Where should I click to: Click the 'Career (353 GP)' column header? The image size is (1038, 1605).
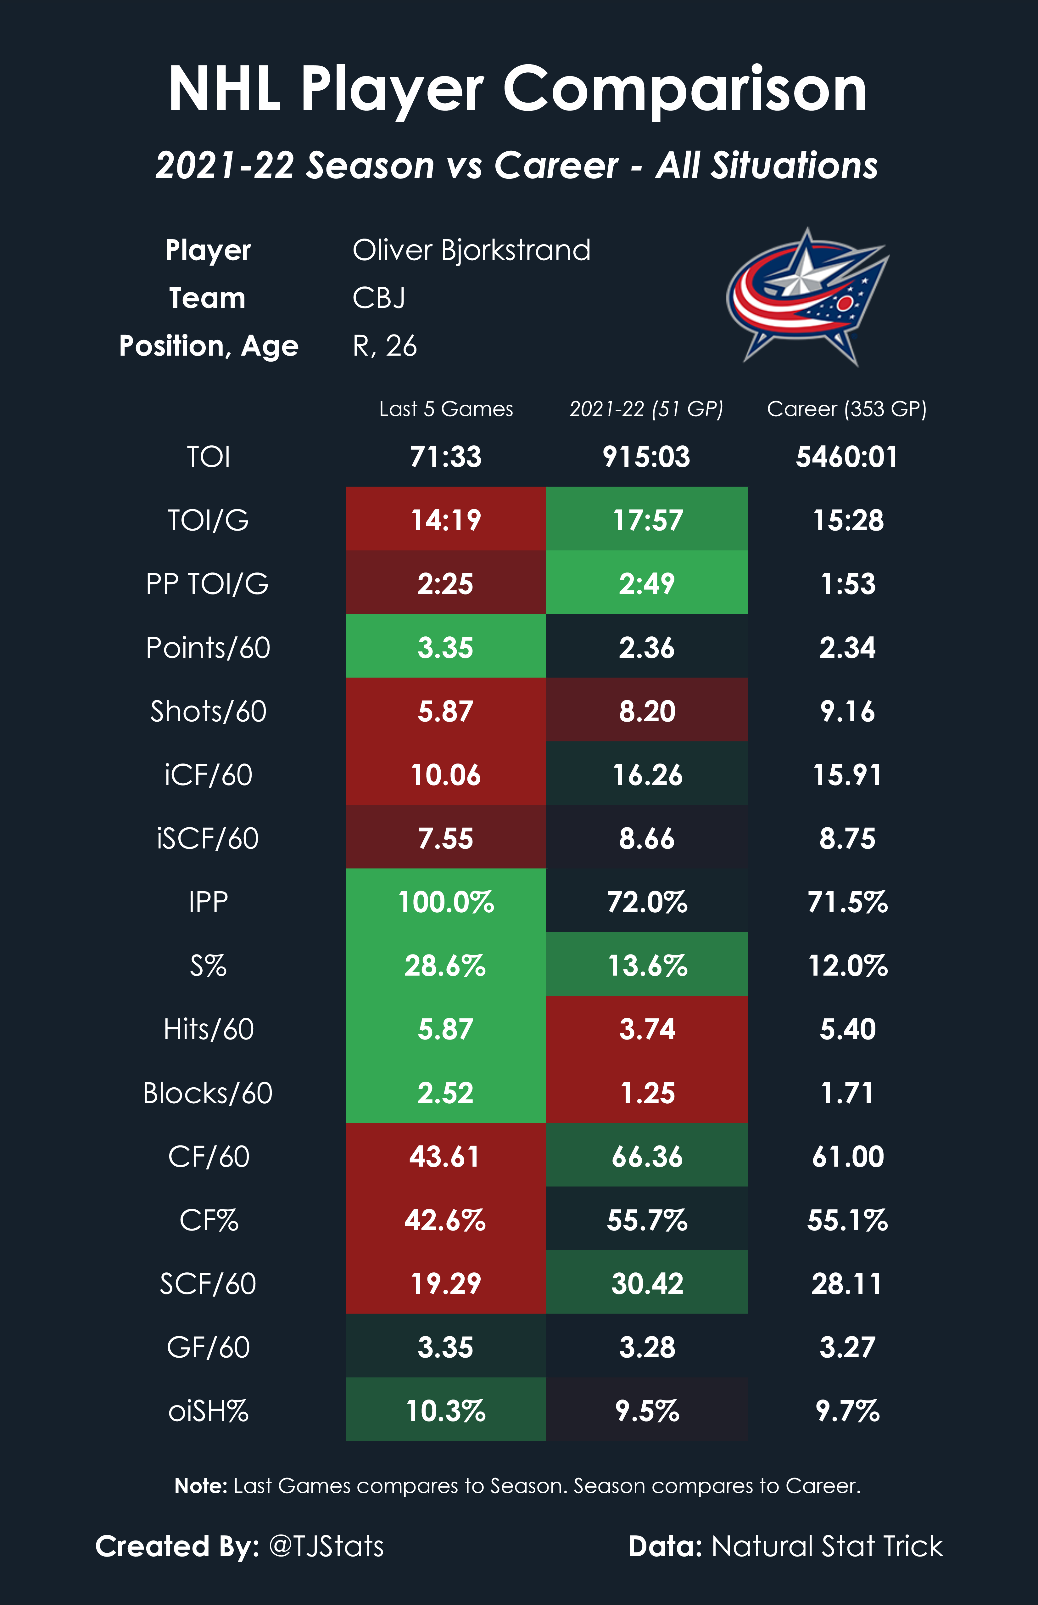pos(846,409)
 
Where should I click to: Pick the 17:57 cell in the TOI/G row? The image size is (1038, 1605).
pos(647,520)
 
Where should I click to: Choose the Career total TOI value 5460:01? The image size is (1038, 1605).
pos(846,457)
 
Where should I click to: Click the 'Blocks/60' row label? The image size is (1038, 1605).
pos(208,1093)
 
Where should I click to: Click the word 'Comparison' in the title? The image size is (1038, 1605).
pos(685,90)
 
